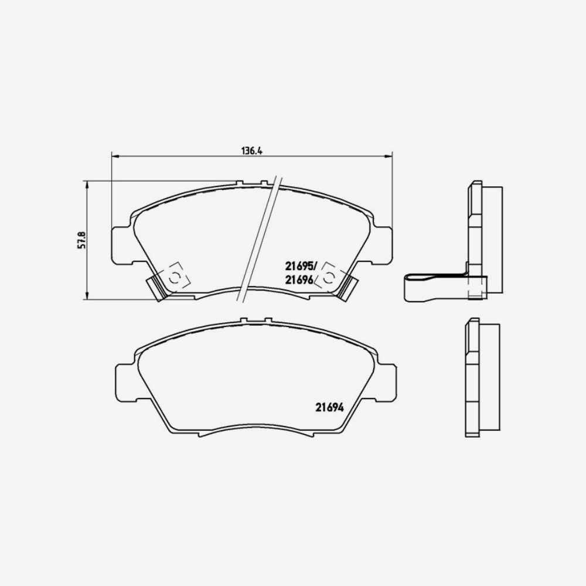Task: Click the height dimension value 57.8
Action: pos(82,240)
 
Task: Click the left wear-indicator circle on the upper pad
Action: pos(175,278)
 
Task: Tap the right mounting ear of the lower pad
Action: pos(386,381)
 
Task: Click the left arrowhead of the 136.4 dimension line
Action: pos(115,156)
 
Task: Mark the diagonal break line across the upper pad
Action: pos(258,240)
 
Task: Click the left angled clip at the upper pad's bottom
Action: pos(156,287)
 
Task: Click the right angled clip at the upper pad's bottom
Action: pos(348,287)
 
